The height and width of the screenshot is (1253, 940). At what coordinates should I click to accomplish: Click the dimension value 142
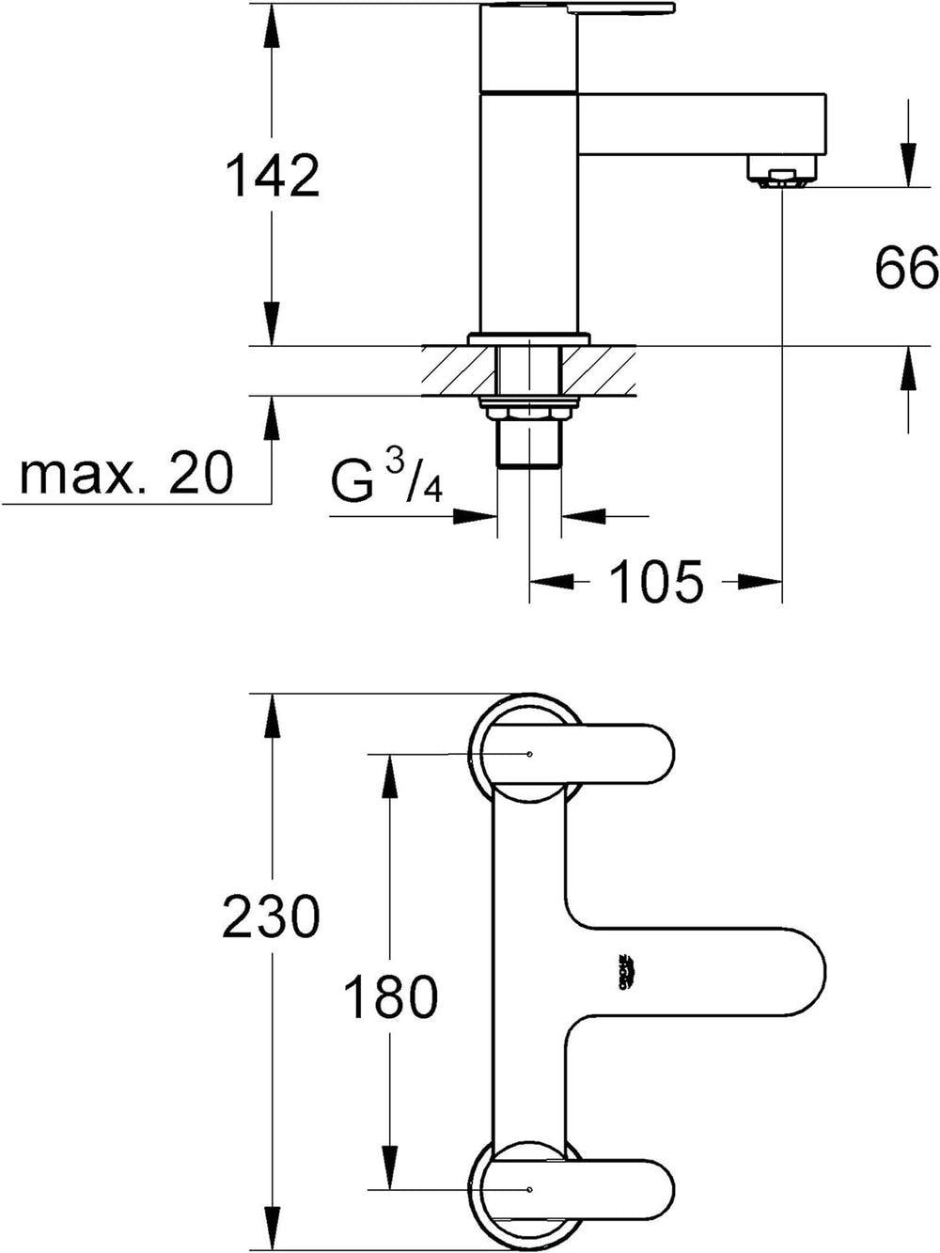pos(273,175)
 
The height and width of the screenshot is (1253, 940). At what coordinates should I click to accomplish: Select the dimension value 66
pos(906,269)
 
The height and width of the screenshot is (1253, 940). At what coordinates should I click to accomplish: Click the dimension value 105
pos(656,582)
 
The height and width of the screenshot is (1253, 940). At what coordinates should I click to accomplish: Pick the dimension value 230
pos(272,916)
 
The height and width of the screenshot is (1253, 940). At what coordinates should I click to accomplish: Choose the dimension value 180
pos(389,996)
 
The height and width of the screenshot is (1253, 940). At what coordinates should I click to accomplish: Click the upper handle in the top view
pos(602,753)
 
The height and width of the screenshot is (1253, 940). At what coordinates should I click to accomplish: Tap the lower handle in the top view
pos(602,1188)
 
